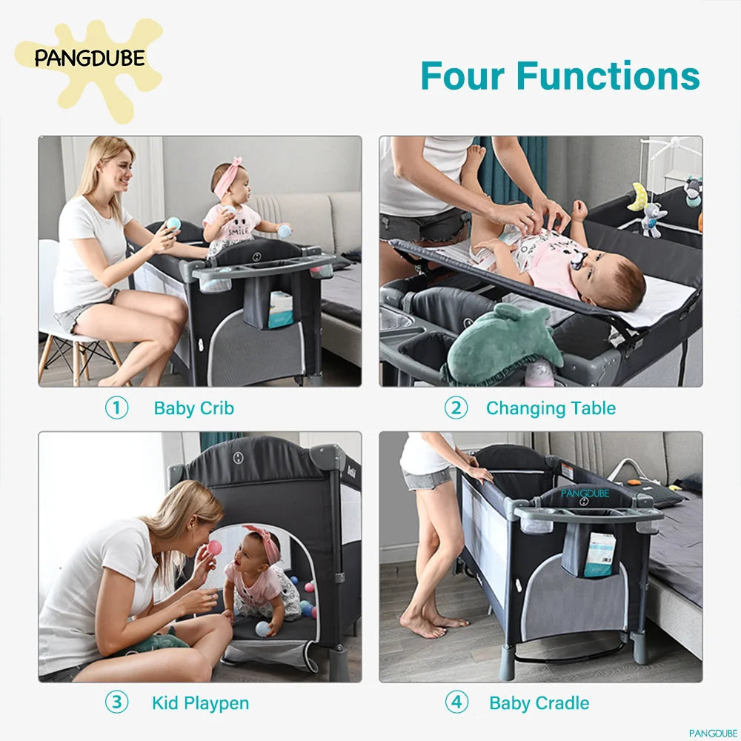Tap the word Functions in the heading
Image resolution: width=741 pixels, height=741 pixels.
click(608, 76)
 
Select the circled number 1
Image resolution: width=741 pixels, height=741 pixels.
click(116, 408)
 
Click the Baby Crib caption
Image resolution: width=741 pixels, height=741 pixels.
click(193, 408)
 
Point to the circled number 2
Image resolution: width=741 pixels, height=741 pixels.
click(456, 408)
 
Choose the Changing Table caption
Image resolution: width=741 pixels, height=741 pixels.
click(551, 408)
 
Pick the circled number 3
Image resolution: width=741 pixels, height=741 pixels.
click(116, 702)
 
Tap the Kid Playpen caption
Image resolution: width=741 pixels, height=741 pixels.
click(200, 703)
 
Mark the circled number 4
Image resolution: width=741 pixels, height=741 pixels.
click(456, 702)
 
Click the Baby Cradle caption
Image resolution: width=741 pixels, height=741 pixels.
click(539, 703)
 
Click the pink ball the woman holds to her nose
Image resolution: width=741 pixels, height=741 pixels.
click(213, 548)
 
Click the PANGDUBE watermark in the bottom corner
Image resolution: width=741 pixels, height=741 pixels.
click(712, 733)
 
